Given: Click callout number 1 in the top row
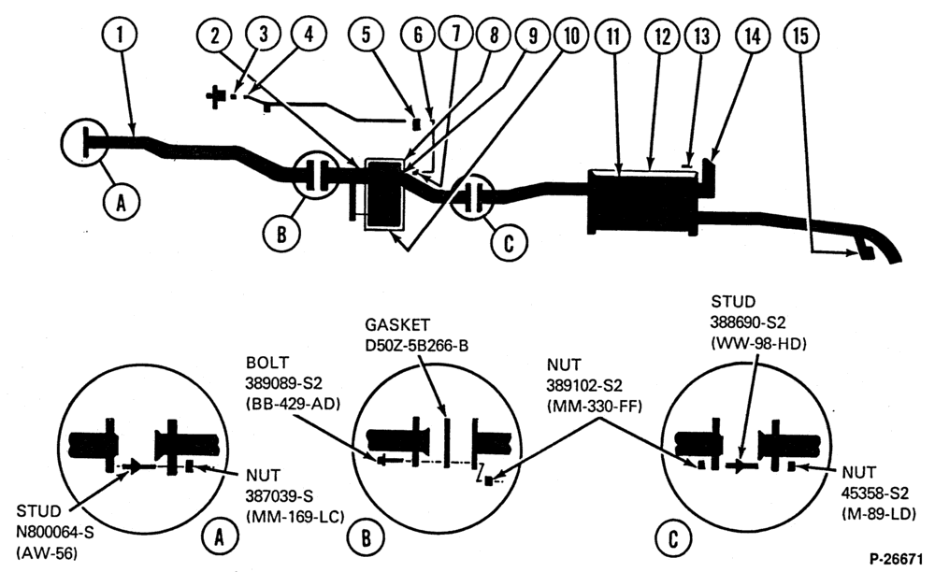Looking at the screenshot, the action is click(x=120, y=36).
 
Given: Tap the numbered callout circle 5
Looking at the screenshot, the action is click(x=367, y=35).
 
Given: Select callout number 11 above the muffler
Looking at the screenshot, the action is click(x=613, y=36).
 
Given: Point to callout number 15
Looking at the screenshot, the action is click(x=800, y=36).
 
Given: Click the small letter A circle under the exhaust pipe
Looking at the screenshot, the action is click(x=121, y=203).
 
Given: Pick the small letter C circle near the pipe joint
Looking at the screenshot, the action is click(x=509, y=242).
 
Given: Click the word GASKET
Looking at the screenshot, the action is click(x=397, y=324).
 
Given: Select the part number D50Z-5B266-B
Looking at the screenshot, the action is click(x=417, y=345).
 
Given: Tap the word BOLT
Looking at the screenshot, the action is click(x=266, y=362).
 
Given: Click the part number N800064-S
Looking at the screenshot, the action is click(x=55, y=532).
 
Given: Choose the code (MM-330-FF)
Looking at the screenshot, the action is click(x=594, y=407).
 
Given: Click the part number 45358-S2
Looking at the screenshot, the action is click(x=875, y=493).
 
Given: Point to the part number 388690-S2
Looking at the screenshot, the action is click(x=747, y=322).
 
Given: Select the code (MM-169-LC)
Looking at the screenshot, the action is click(x=295, y=516).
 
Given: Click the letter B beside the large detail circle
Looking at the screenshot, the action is click(x=366, y=538).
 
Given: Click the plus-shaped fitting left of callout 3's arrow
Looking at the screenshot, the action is click(x=215, y=96).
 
